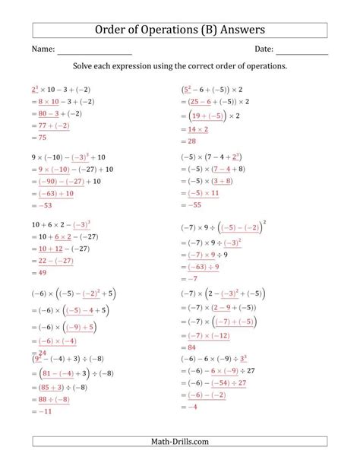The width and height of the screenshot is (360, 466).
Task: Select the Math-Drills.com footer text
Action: pyautogui.click(x=180, y=442)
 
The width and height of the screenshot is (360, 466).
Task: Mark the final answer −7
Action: pyautogui.click(x=194, y=278)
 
